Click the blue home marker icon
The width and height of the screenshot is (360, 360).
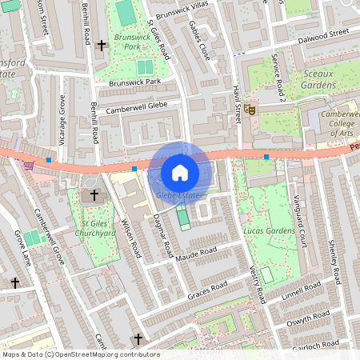pos(180,172)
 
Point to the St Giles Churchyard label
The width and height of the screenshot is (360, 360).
pos(98,227)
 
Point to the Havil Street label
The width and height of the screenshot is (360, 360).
pos(237,104)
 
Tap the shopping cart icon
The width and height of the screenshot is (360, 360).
pos(30,166)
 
